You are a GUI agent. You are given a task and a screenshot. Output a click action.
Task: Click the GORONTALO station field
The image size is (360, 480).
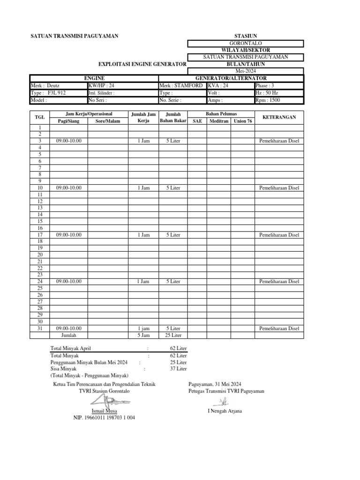[246, 43]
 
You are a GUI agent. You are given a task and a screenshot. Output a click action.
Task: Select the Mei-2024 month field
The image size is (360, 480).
[246, 70]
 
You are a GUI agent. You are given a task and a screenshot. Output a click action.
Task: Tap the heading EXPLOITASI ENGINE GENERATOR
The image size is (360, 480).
[142, 64]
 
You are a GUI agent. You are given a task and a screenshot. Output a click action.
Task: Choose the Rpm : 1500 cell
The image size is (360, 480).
[280, 100]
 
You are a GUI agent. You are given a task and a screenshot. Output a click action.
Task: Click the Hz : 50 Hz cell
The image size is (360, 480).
[280, 93]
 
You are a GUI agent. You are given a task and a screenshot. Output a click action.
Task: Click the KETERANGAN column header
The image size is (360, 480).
[279, 117]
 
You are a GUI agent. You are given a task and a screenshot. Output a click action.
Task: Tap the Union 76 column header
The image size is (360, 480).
[243, 121]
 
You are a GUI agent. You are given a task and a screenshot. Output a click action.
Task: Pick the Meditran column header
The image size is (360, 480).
[219, 121]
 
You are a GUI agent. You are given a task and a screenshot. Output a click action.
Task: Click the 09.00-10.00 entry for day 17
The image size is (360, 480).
[69, 235]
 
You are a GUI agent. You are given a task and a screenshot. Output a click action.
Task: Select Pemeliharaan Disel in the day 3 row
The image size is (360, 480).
[279, 141]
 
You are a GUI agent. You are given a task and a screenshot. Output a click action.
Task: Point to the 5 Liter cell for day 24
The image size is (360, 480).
[173, 281]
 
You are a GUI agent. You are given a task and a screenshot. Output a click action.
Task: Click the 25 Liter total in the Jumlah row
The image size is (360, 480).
[173, 335]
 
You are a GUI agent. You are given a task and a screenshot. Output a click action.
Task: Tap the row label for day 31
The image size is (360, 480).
[40, 329]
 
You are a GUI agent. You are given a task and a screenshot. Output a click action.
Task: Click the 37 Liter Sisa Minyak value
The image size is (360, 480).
[178, 369]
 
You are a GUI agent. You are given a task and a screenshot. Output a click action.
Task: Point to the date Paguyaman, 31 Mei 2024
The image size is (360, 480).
[215, 384]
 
